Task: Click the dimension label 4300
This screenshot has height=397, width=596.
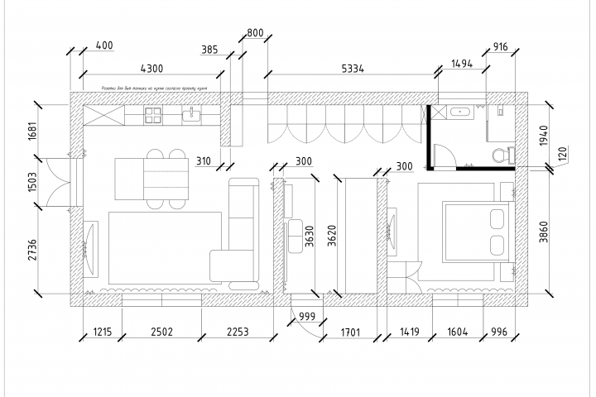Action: pyautogui.click(x=151, y=68)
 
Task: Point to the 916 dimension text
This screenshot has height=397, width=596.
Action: pyautogui.click(x=500, y=47)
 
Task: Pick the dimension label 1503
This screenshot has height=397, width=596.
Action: pyautogui.click(x=32, y=181)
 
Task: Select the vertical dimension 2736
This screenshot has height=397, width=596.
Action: pyautogui.click(x=32, y=249)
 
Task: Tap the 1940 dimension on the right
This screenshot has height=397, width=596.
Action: pyautogui.click(x=544, y=135)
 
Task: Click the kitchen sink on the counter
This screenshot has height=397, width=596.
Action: pyautogui.click(x=196, y=115)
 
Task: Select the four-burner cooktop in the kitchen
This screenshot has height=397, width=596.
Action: pyautogui.click(x=155, y=115)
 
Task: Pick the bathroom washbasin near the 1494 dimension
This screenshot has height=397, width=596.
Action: pyautogui.click(x=459, y=111)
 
